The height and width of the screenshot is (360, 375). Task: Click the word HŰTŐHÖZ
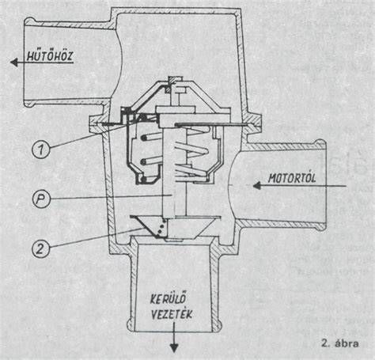coord(50,56)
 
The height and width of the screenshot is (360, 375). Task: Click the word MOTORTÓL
coord(292,178)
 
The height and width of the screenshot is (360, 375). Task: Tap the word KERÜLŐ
coord(169,299)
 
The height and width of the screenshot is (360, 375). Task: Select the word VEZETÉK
coord(171,314)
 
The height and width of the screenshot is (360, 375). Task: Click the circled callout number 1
coord(41,150)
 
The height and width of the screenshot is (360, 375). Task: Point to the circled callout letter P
coord(41,199)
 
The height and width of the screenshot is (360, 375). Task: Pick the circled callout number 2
coord(41,248)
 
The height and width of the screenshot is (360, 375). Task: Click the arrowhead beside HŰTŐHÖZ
coord(14,63)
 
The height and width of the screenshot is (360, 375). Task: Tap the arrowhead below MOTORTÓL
coord(257,186)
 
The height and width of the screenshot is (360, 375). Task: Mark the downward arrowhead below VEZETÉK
coord(174,348)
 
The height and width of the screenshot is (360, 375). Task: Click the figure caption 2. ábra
coord(340,343)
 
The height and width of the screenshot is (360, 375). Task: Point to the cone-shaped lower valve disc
coord(175,227)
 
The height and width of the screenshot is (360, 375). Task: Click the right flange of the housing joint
coord(252,124)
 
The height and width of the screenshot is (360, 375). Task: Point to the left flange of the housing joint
coord(99,124)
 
